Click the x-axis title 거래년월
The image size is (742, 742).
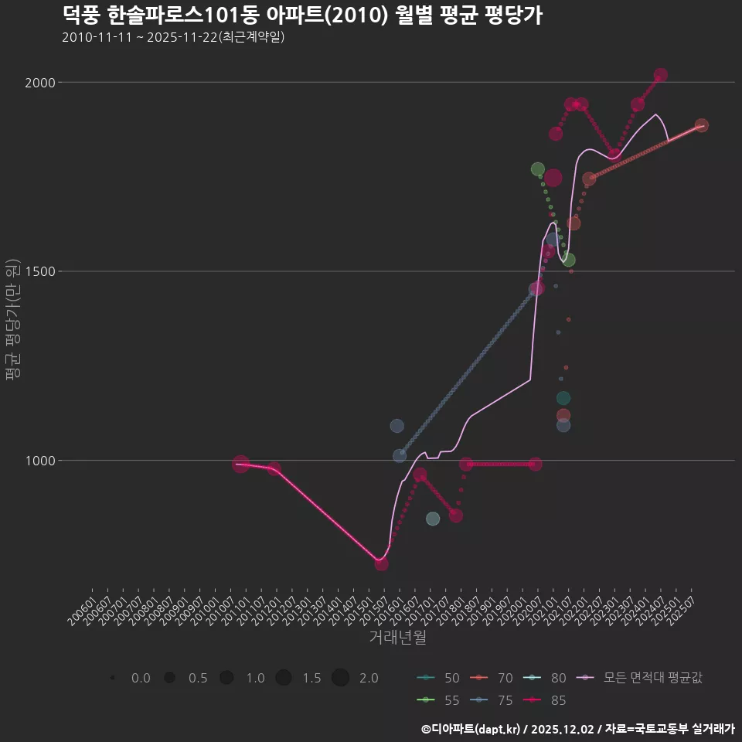coord(397,637)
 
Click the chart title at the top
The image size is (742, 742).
coord(301,15)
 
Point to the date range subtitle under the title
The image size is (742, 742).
coord(173,37)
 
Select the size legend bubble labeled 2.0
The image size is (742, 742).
coord(341,678)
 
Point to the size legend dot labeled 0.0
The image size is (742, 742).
coord(113,678)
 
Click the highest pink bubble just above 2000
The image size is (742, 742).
coord(660,75)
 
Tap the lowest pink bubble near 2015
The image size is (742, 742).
coord(381,563)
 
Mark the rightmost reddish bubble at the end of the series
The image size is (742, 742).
coord(701,125)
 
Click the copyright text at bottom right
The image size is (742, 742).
coord(577,728)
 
